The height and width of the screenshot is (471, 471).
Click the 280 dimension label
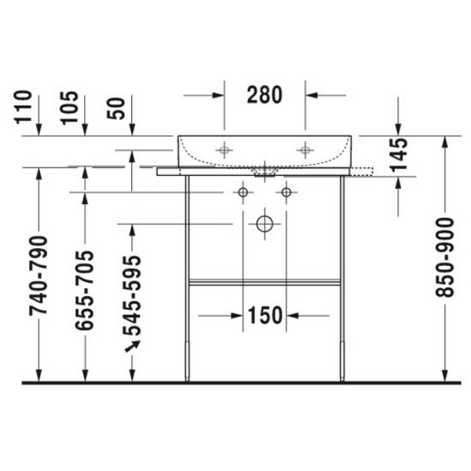pyautogui.click(x=265, y=95)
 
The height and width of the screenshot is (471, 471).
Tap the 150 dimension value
pyautogui.click(x=265, y=316)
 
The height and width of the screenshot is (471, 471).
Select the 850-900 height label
pyautogui.click(x=444, y=257)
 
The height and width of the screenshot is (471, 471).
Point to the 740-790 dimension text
pyautogui.click(x=38, y=276)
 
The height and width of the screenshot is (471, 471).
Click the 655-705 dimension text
pyautogui.click(x=85, y=290)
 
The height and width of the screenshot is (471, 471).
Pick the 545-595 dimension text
pyautogui.click(x=132, y=296)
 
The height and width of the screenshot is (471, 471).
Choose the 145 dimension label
pyautogui.click(x=398, y=155)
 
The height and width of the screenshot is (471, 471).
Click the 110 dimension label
pyautogui.click(x=23, y=107)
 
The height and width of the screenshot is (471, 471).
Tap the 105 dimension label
pyautogui.click(x=69, y=108)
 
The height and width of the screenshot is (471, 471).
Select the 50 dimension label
pyautogui.click(x=116, y=108)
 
